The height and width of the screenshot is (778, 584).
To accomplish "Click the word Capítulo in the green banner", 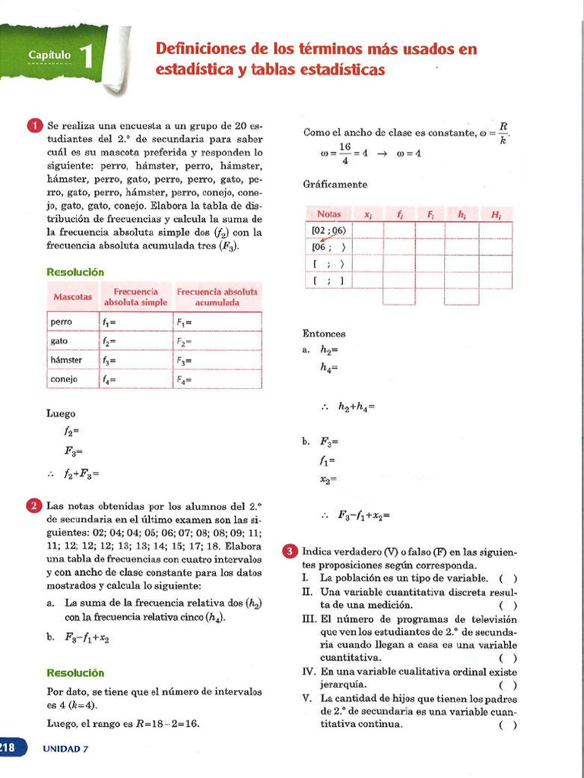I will pyautogui.click(x=49, y=55).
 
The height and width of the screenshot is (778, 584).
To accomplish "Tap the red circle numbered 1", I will pyautogui.click(x=35, y=125).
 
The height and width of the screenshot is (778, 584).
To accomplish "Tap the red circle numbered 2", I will pyautogui.click(x=35, y=506).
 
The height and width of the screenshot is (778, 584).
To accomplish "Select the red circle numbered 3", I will pyautogui.click(x=290, y=552).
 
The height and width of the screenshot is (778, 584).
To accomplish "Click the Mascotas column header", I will pyautogui.click(x=72, y=296).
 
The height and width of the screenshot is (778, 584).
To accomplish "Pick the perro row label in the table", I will pyautogui.click(x=62, y=322).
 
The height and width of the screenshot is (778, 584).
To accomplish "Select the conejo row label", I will pyautogui.click(x=64, y=379).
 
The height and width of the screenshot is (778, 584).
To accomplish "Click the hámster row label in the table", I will pyautogui.click(x=66, y=360).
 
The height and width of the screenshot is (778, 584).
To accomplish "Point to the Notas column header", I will pyautogui.click(x=329, y=214).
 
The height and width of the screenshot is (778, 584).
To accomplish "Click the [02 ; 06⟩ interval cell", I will pyautogui.click(x=328, y=230).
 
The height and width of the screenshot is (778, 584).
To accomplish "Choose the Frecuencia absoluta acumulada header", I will pyautogui.click(x=217, y=296).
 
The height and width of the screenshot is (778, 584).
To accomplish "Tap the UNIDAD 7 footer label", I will pyautogui.click(x=65, y=749).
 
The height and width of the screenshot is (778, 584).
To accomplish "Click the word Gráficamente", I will pyautogui.click(x=335, y=185).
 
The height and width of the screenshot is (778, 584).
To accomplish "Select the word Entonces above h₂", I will pyautogui.click(x=324, y=334).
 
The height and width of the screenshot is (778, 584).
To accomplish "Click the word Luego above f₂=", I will pyautogui.click(x=61, y=414).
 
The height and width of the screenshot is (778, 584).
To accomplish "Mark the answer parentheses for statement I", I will pyautogui.click(x=509, y=578).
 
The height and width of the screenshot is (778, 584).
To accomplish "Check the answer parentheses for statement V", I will pyautogui.click(x=509, y=725).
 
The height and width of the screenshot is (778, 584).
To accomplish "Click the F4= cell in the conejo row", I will pyautogui.click(x=185, y=380).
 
